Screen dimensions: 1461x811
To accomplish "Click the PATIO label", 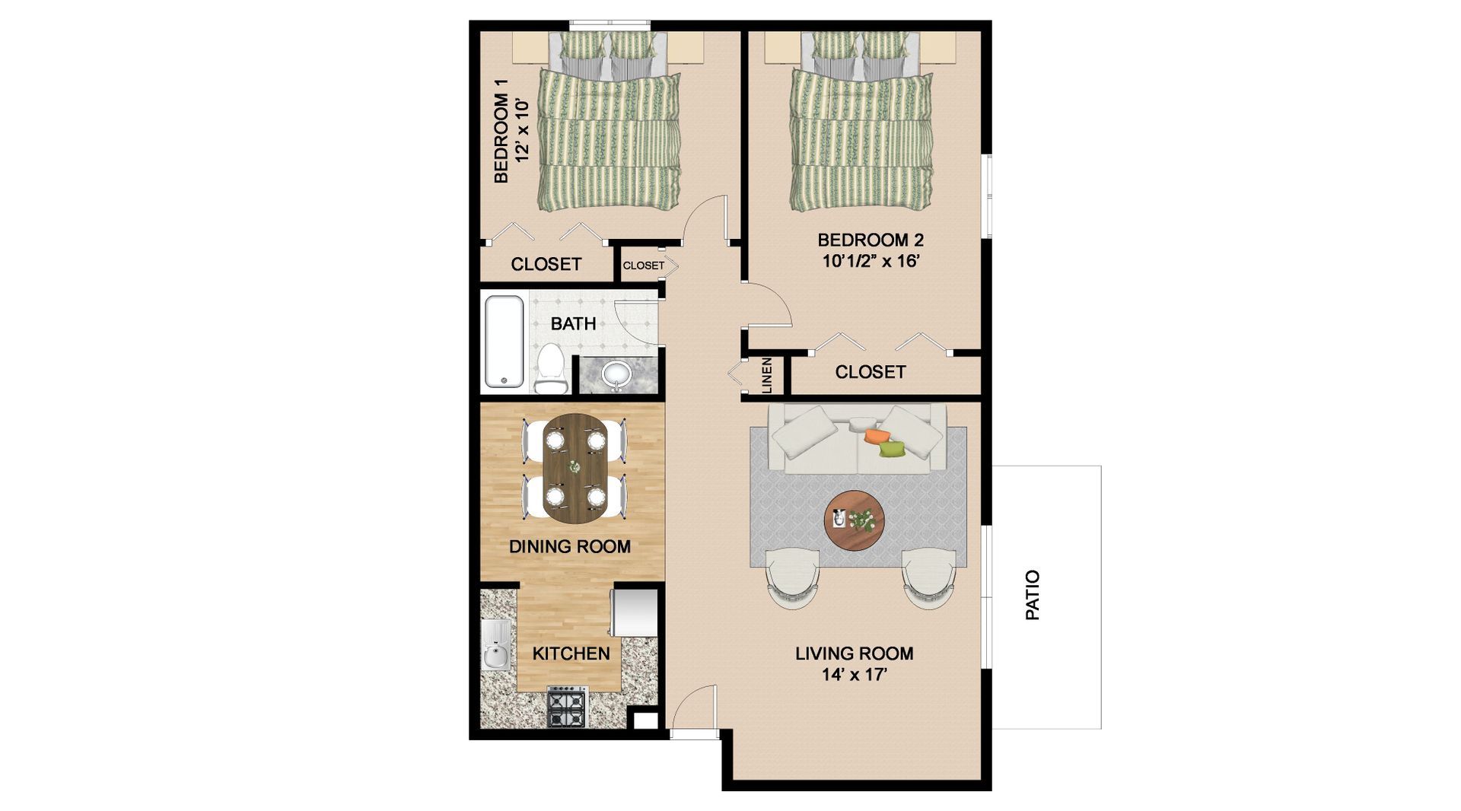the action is pos(1033,595).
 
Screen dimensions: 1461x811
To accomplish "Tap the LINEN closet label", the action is pos(767,375).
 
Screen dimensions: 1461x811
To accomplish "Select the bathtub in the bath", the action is pos(504,342).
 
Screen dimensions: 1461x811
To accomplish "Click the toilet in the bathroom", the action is pos(550,369).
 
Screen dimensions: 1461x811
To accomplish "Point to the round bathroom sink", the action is pos(616,374).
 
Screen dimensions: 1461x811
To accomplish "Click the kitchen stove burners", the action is pos(568,706).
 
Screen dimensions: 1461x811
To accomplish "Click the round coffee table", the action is pos(855,520).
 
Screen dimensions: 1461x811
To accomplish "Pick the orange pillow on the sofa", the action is pos(877,436).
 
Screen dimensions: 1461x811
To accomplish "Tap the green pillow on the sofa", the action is pos(893,449).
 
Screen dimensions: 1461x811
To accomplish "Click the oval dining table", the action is pos(575,468).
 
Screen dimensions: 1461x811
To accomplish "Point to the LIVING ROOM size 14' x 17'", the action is pos(854,674).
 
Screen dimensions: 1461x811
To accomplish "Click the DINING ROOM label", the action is pos(570,546).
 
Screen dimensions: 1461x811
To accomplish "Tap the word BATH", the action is pos(573,323).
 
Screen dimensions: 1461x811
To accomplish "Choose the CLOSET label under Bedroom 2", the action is pos(870,372).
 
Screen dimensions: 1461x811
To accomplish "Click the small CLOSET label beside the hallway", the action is pos(644,266).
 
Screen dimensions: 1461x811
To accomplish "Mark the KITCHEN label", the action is pos(571,654).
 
